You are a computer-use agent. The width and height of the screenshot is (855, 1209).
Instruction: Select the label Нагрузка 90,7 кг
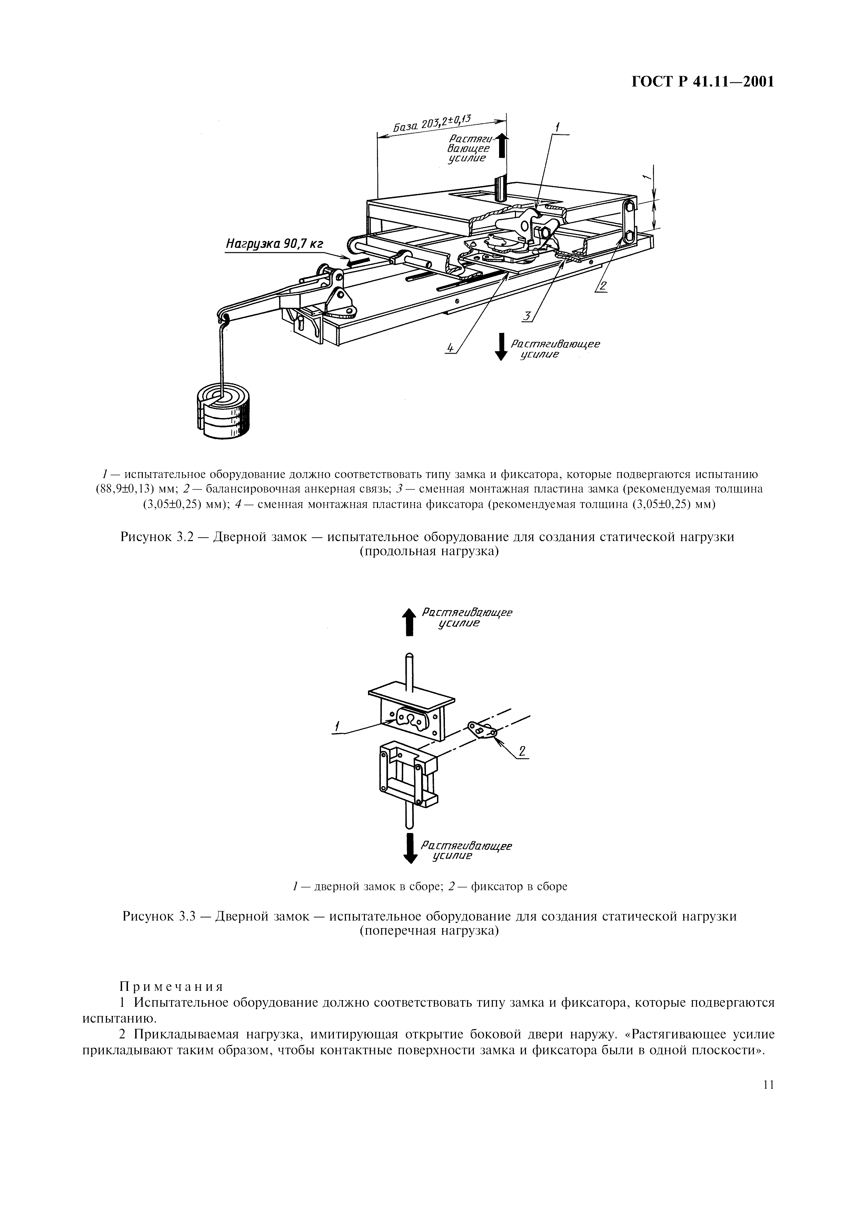pyautogui.click(x=274, y=244)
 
